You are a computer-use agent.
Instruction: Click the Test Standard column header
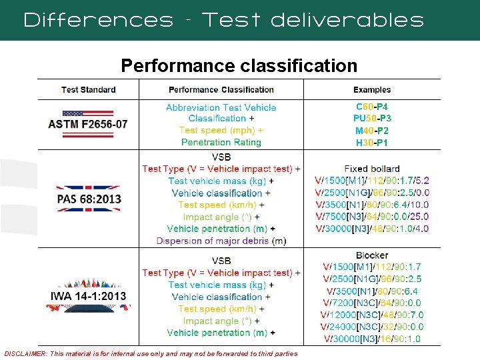point(88,89)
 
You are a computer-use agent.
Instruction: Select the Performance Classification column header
point(221,89)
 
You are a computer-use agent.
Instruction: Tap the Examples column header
point(372,89)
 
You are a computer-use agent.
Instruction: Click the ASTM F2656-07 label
point(88,124)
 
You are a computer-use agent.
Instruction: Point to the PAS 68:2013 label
point(88,199)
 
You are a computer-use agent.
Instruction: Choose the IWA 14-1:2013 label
point(88,296)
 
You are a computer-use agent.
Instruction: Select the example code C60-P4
point(372,107)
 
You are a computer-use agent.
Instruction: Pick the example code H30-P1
point(372,143)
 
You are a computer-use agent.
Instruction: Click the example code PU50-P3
point(372,119)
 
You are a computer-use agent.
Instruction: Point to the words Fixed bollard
point(372,169)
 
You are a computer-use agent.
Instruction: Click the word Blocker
point(372,255)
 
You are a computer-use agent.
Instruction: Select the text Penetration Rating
point(221,143)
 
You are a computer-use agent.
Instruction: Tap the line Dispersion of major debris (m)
point(221,241)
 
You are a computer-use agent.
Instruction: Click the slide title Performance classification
point(239,66)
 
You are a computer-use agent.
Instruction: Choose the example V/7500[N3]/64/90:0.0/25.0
point(372,217)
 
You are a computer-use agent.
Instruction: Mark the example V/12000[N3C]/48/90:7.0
point(372,315)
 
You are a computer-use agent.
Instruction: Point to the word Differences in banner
point(97,20)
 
